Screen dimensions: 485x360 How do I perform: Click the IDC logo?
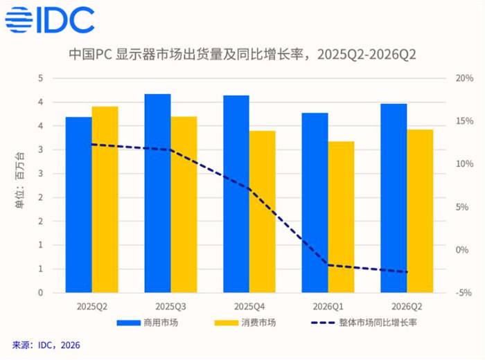point(50,20)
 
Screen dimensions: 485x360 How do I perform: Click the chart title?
point(242,55)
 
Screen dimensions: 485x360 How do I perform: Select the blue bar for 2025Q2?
point(78,204)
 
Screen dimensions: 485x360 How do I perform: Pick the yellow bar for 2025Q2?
point(105,199)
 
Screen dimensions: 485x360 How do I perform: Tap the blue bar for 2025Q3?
point(157,193)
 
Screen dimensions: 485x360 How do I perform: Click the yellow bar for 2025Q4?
point(263,212)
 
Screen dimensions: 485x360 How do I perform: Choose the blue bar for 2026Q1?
point(315,203)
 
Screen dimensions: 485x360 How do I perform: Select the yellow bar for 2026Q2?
point(420,211)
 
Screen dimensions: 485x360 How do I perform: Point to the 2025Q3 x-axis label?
point(170,307)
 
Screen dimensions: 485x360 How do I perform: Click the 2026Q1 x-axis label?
point(328,307)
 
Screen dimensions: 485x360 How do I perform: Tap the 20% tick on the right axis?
point(464,78)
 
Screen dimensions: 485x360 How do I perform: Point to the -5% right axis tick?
point(464,293)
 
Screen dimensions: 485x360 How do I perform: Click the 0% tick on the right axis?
point(462,250)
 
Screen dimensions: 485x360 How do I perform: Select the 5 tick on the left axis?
point(40,78)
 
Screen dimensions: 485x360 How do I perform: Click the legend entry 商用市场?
point(147,323)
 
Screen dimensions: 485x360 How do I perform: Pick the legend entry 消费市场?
point(245,323)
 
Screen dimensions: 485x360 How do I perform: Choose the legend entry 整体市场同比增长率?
point(364,323)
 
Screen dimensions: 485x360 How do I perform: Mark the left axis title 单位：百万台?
point(19,181)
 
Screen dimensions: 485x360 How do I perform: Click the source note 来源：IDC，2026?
point(46,345)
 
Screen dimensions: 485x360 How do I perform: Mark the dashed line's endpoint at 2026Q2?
point(407,272)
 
